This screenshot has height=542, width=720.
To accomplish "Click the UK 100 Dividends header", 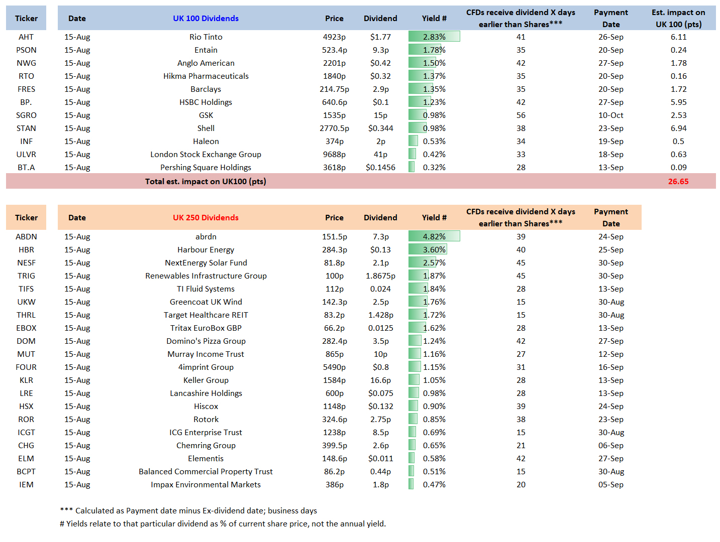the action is point(205,19).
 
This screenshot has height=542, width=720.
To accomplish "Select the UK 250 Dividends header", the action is point(205,217).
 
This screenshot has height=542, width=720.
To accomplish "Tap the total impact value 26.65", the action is point(678,182).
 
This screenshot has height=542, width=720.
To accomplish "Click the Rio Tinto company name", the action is point(205,37).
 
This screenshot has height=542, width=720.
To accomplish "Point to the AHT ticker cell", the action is point(26,37).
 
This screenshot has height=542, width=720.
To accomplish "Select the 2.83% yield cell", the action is point(434,37).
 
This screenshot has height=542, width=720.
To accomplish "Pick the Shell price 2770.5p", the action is point(334,128).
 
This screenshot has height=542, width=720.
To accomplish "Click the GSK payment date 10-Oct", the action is point(610,115).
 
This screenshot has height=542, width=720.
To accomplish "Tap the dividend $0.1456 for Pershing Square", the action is point(380,167).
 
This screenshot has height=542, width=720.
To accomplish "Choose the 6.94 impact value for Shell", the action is point(678,128).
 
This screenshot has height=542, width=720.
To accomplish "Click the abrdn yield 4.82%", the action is point(434,236).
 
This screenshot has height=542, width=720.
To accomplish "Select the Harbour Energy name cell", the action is point(205,250).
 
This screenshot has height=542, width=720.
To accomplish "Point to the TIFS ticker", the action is point(26,289).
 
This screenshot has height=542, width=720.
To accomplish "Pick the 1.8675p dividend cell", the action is point(380,276).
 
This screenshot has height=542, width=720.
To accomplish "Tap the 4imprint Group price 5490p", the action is point(334,367).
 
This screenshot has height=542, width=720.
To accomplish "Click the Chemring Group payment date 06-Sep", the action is point(610,445).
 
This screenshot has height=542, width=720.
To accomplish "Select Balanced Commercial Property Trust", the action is point(205,472).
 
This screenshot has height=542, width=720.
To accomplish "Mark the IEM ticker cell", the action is point(26,485).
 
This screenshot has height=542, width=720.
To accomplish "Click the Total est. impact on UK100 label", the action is point(205,182).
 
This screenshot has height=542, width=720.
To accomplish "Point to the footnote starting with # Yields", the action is point(223,524).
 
